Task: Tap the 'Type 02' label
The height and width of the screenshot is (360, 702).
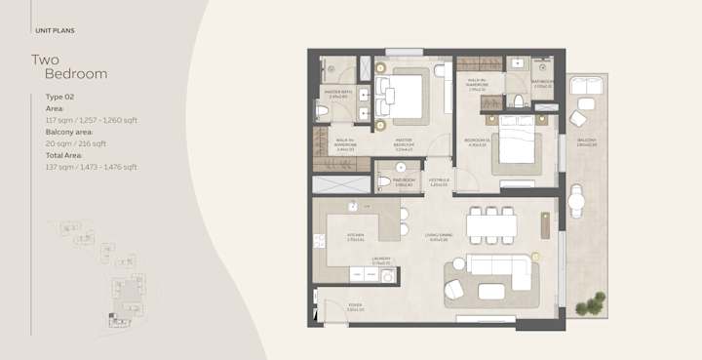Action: [x=61, y=98]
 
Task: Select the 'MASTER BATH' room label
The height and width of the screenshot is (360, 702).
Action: [x=337, y=95]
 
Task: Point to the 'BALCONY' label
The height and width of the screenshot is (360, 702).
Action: [x=586, y=142]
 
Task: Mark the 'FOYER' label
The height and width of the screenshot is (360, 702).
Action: [x=356, y=306]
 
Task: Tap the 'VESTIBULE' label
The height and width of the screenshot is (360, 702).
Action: [x=439, y=181]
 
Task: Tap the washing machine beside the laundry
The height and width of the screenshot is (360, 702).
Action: [x=389, y=277]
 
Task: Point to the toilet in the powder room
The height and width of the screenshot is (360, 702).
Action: [x=400, y=168]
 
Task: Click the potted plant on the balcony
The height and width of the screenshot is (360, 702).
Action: [x=588, y=307]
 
